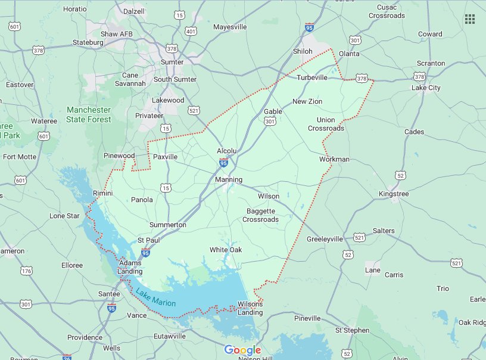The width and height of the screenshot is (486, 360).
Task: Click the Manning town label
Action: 229,179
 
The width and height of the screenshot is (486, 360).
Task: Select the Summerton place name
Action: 168,225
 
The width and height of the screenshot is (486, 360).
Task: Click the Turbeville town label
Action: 312,77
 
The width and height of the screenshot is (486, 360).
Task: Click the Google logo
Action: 243,350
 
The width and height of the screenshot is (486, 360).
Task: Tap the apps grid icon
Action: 469,19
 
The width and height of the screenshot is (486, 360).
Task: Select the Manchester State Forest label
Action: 89,114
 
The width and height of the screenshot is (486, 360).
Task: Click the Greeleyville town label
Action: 325,239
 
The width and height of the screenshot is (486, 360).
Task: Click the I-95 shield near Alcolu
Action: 223,162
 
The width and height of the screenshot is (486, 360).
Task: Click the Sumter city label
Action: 172,62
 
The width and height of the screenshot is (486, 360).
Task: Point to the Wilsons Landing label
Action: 250,308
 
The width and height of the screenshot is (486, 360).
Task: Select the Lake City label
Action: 426,88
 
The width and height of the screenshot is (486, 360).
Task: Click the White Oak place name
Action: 225,250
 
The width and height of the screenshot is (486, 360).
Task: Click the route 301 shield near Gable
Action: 270,122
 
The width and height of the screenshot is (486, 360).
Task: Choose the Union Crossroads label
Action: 326,124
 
